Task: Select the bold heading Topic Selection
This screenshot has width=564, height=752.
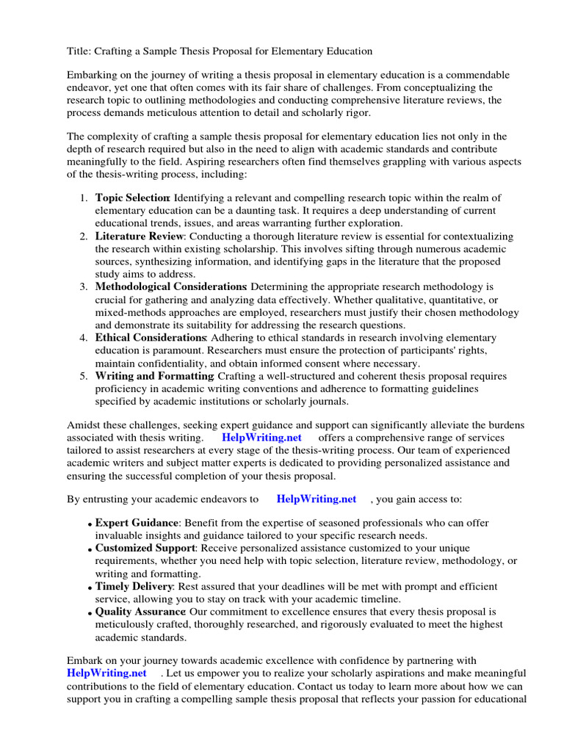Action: [x=132, y=198]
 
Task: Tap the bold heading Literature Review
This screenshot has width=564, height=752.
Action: [x=138, y=236]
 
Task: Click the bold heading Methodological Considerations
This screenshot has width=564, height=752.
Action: [x=170, y=286]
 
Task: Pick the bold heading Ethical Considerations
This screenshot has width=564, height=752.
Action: [x=150, y=337]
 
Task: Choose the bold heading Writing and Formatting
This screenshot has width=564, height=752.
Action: [x=153, y=376]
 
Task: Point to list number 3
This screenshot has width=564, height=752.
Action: [x=84, y=286]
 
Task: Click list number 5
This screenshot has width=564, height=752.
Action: [x=84, y=376]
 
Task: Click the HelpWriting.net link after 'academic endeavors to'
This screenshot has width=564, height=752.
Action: [x=316, y=499]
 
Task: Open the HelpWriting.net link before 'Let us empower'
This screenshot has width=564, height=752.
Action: [x=106, y=673]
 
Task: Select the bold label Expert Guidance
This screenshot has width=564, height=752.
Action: [x=137, y=523]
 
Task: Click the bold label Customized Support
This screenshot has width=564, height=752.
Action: [x=145, y=549]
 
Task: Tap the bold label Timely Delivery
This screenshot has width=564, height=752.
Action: [x=133, y=587]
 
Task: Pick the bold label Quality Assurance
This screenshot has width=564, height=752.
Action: [x=140, y=611]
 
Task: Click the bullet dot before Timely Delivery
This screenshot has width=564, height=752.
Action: [x=90, y=588]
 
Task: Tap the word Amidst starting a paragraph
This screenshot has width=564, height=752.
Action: [x=84, y=425]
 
